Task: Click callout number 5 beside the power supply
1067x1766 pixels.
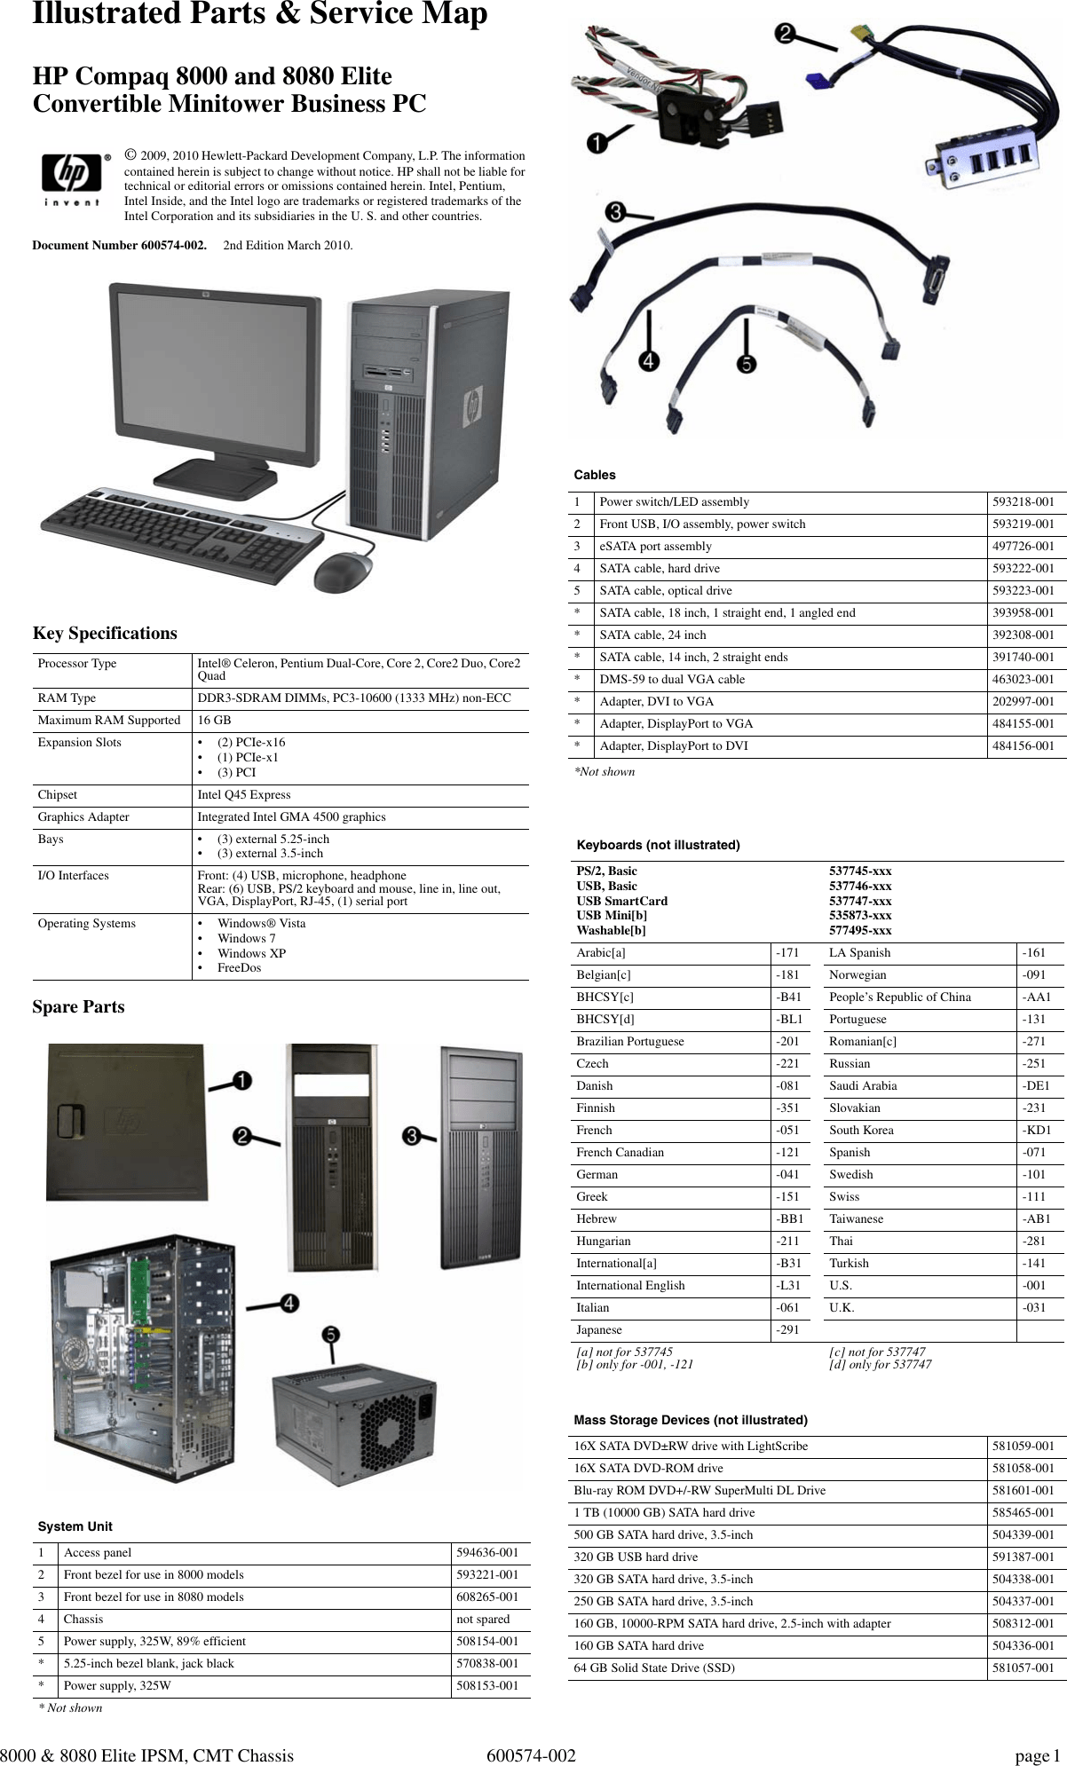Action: click(x=329, y=1334)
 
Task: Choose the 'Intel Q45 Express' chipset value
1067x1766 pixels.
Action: click(x=243, y=795)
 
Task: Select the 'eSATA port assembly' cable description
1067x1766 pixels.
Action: click(x=655, y=547)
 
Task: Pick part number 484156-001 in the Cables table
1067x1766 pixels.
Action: click(x=1023, y=746)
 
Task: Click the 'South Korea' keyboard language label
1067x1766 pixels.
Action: click(x=861, y=1131)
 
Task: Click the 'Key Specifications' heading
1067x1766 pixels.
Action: click(x=105, y=634)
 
